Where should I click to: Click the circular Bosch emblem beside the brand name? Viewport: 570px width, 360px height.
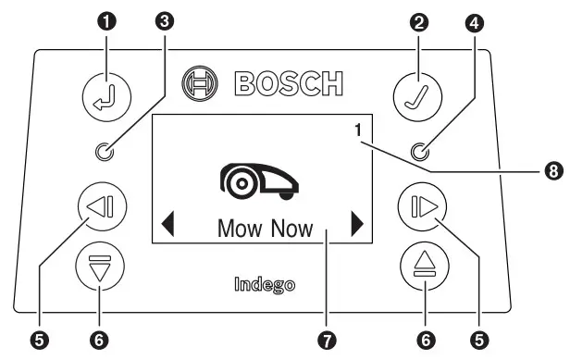(198, 81)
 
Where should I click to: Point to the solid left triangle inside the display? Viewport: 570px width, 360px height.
(167, 225)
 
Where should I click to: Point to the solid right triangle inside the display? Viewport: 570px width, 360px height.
(357, 225)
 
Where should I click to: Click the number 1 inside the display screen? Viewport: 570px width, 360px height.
(356, 130)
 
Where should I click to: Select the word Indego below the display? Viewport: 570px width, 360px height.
(265, 285)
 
